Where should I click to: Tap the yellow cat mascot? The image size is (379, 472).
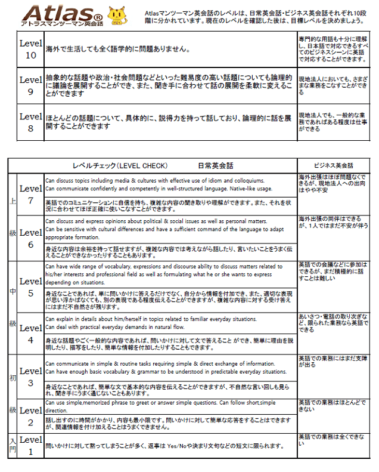tap(116, 15)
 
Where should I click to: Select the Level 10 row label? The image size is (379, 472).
tap(30, 49)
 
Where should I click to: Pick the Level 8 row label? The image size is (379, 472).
tap(30, 122)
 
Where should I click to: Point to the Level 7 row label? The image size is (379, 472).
tap(30, 195)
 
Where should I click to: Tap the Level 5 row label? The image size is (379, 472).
tap(30, 286)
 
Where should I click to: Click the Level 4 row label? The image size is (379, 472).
tap(30, 333)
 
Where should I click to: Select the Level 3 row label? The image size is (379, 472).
tap(30, 378)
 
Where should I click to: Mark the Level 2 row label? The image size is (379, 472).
tap(30, 416)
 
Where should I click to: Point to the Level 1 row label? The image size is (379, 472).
tap(30, 445)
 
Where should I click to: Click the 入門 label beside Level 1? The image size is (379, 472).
tap(13, 446)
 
